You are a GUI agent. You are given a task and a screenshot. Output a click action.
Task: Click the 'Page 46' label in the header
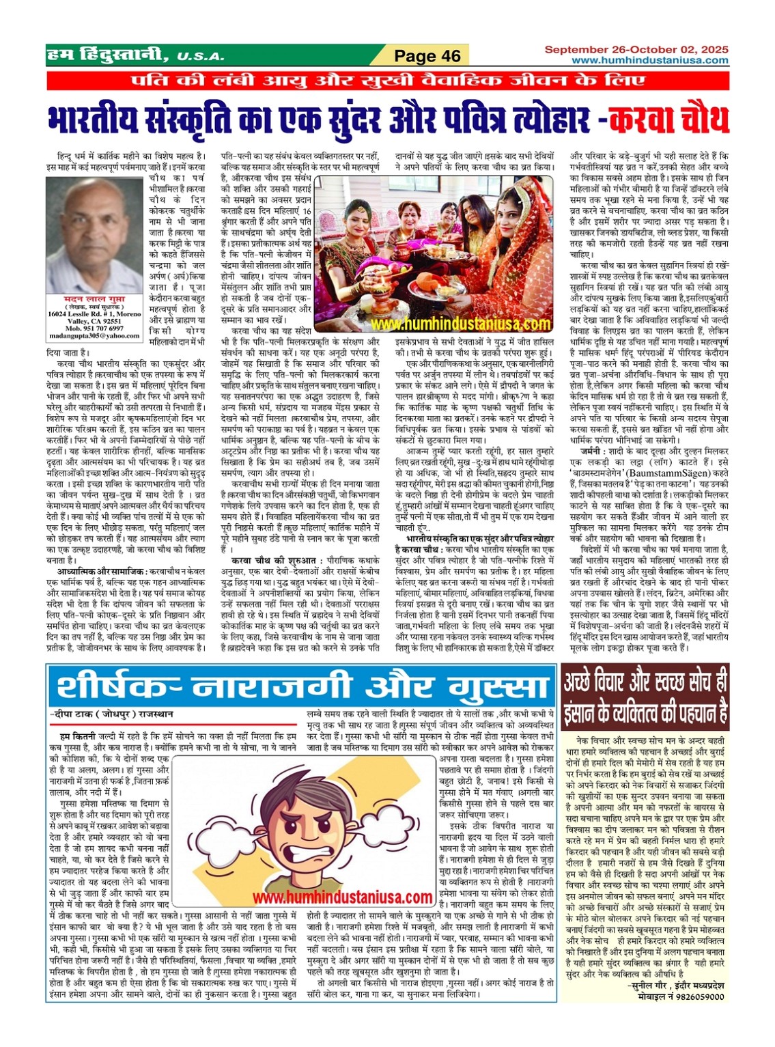click(428, 56)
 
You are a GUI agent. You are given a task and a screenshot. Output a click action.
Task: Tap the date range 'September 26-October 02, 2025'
click(636, 50)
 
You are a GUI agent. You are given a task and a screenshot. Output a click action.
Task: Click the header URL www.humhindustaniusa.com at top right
click(649, 60)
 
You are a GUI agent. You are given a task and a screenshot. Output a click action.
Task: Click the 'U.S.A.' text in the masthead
click(195, 57)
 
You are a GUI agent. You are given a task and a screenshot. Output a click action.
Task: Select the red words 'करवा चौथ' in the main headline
click(668, 119)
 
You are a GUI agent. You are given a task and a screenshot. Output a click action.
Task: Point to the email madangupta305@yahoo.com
click(85, 336)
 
